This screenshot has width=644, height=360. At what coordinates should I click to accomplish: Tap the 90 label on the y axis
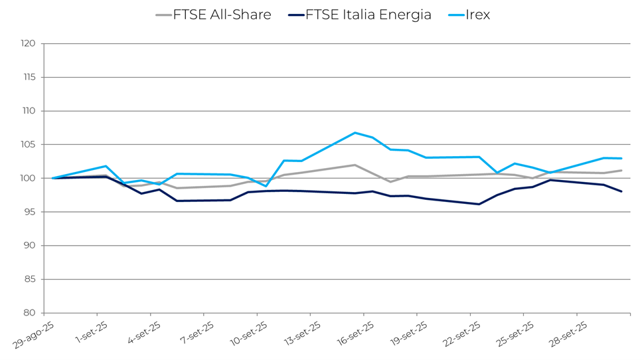coord(29,246)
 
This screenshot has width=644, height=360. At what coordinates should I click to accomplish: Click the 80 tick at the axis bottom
coord(29,313)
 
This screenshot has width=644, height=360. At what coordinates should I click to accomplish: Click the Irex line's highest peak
coord(355,133)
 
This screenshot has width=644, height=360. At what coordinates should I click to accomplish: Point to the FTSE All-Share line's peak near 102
coord(355,165)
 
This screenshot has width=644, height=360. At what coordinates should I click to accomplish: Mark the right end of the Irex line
coord(621,158)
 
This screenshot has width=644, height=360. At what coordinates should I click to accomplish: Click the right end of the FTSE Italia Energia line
coord(621,191)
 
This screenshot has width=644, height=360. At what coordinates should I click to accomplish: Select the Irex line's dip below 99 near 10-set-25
coord(266,186)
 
